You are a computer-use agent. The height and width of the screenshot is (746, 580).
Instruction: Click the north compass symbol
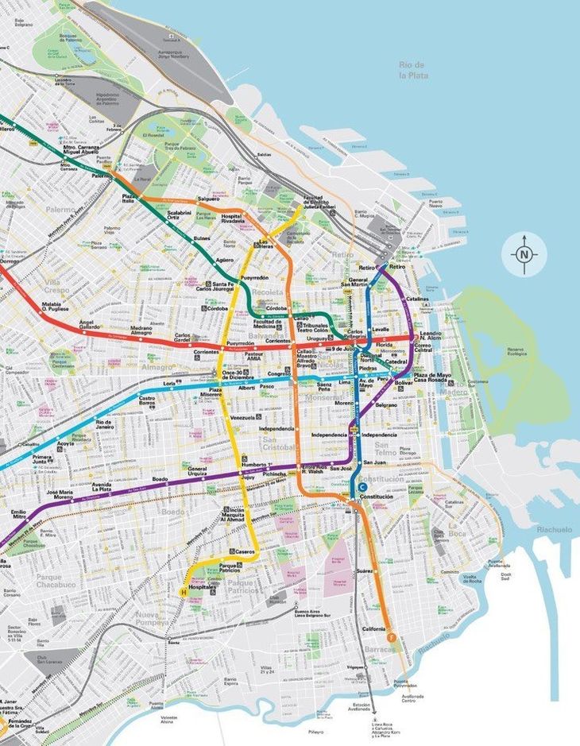click(x=524, y=255)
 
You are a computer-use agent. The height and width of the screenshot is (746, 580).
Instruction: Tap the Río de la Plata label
click(x=412, y=69)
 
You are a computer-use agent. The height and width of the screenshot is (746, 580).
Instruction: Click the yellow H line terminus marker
click(x=184, y=592)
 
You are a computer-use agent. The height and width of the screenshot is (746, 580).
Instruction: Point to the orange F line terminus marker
click(x=391, y=636)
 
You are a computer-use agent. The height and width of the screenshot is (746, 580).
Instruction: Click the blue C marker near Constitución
click(x=362, y=487)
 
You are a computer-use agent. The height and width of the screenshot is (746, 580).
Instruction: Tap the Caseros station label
click(x=245, y=551)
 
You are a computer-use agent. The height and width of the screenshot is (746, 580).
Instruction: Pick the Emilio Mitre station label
click(x=17, y=515)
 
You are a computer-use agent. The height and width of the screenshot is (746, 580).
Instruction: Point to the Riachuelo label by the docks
click(x=553, y=529)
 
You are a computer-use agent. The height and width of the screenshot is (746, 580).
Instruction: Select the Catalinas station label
click(x=417, y=299)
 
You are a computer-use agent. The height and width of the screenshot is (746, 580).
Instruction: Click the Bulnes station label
click(x=202, y=238)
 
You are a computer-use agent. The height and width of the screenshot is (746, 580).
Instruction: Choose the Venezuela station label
click(x=242, y=417)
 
